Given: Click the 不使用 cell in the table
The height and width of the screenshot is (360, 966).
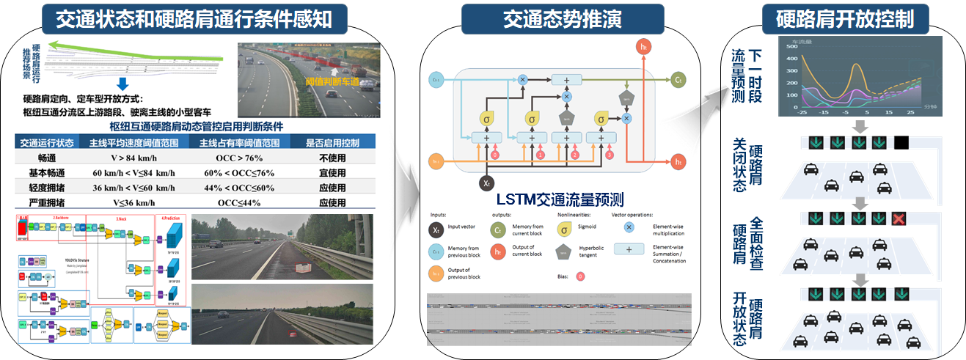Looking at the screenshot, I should (x=332, y=156).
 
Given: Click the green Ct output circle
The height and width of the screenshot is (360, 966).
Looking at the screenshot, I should (x=679, y=79).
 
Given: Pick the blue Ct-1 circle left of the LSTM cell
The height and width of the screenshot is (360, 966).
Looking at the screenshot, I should (x=437, y=79).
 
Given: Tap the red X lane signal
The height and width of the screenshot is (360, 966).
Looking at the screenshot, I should (x=899, y=218).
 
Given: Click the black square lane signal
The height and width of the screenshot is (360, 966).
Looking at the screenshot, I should (x=901, y=142).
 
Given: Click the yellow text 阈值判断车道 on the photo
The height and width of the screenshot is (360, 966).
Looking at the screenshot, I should (x=332, y=82).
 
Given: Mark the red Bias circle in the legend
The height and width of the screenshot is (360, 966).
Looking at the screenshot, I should (x=580, y=276).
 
